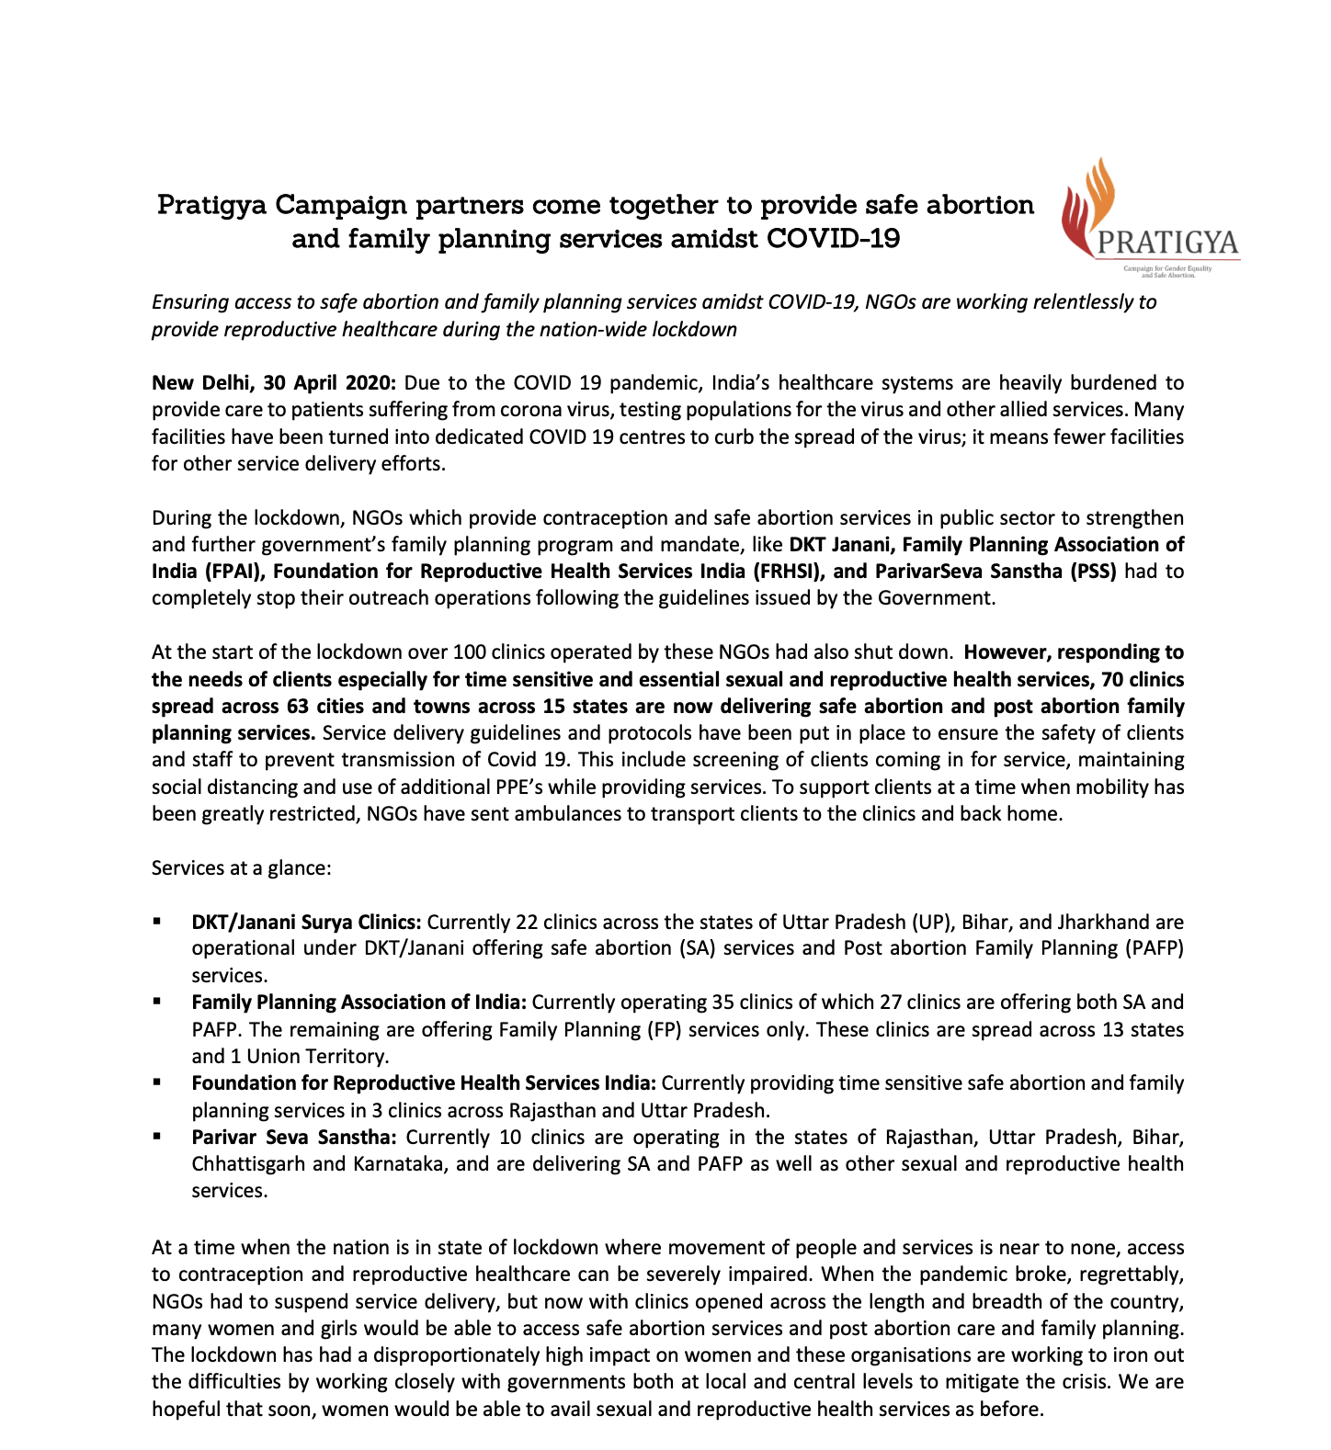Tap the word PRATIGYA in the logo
(x=1167, y=243)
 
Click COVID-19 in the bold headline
(x=833, y=239)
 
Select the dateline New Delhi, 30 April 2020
(x=273, y=382)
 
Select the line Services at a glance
(x=241, y=868)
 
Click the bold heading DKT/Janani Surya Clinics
(x=306, y=923)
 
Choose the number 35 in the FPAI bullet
(x=722, y=1003)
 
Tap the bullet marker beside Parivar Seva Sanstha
(x=158, y=1137)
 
